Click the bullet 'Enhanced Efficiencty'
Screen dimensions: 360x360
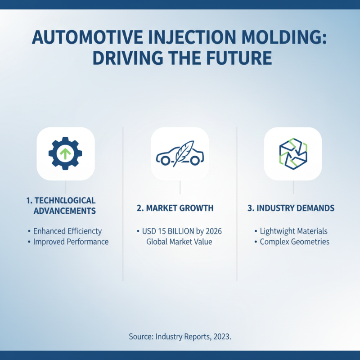tap(67, 231)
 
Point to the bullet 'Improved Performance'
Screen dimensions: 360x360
tap(71, 242)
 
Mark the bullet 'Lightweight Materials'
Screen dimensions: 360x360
tap(293, 231)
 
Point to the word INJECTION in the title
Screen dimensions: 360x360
tap(182, 39)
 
